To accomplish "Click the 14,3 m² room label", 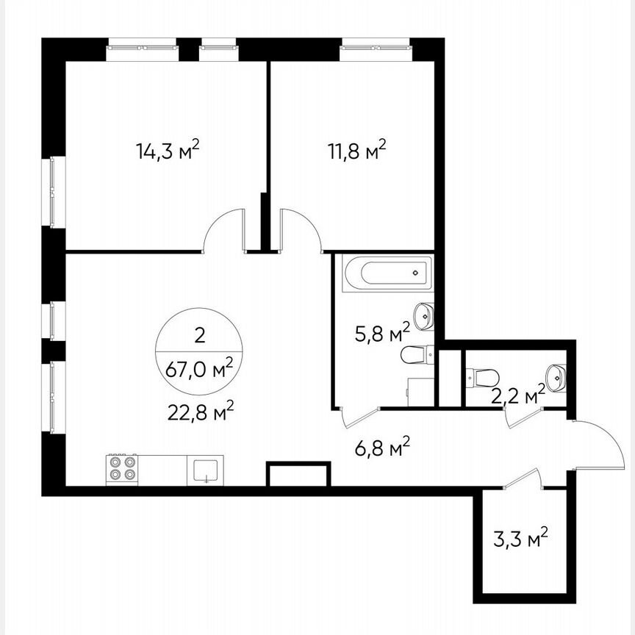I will pos(168,151).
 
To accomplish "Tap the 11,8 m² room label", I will pos(356,151).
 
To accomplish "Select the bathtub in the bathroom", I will pos(388,273).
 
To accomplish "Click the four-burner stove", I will pos(122,468).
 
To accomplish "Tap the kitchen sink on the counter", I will pos(207,470).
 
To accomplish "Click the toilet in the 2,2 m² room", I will pos(482,378).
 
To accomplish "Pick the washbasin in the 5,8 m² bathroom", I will pos(424,317).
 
